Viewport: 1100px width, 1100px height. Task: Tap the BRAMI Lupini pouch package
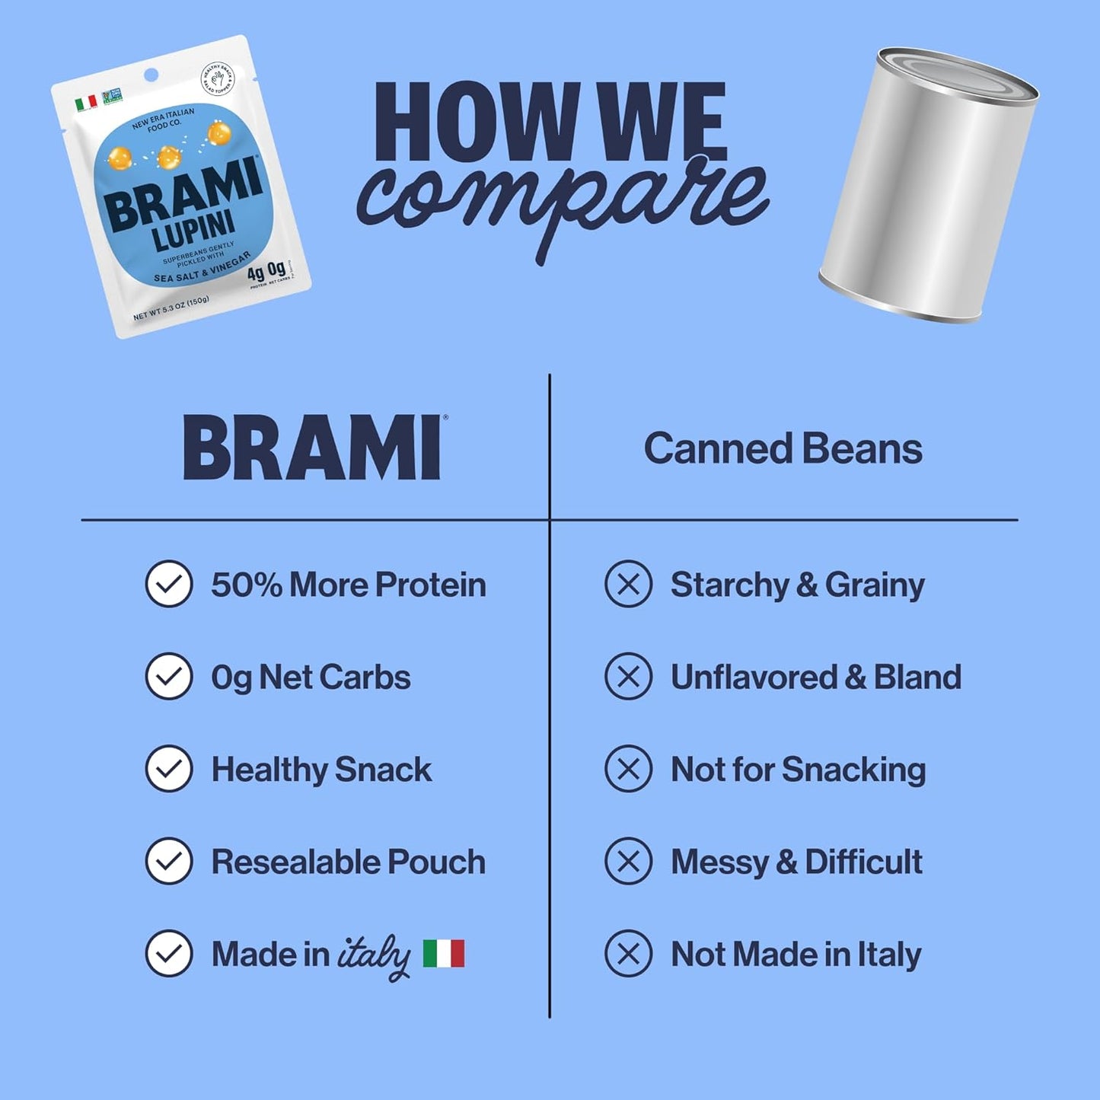click(181, 187)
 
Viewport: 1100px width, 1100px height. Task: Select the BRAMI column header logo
click(313, 448)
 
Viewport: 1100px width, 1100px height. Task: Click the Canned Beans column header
click(783, 449)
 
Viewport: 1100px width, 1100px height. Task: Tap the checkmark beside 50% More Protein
click(168, 584)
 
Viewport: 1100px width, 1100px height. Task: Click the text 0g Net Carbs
click(311, 677)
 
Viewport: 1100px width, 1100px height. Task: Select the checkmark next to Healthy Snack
click(168, 769)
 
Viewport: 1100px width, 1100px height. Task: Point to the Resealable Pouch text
click(348, 862)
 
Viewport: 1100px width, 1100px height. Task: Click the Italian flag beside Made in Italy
click(444, 953)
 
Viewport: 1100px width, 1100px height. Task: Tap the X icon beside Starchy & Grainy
click(628, 584)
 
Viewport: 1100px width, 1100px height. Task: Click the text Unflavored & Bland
click(815, 677)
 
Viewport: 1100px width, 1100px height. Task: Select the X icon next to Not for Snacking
click(628, 769)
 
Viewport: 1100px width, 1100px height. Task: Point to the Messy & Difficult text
click(796, 862)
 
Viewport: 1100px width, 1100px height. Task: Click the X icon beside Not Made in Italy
click(628, 953)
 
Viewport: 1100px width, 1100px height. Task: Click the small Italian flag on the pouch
click(86, 103)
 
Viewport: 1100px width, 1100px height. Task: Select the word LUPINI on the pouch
click(194, 231)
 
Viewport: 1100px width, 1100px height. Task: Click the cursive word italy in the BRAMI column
click(373, 956)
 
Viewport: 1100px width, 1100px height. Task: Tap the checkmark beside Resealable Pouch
click(168, 861)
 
